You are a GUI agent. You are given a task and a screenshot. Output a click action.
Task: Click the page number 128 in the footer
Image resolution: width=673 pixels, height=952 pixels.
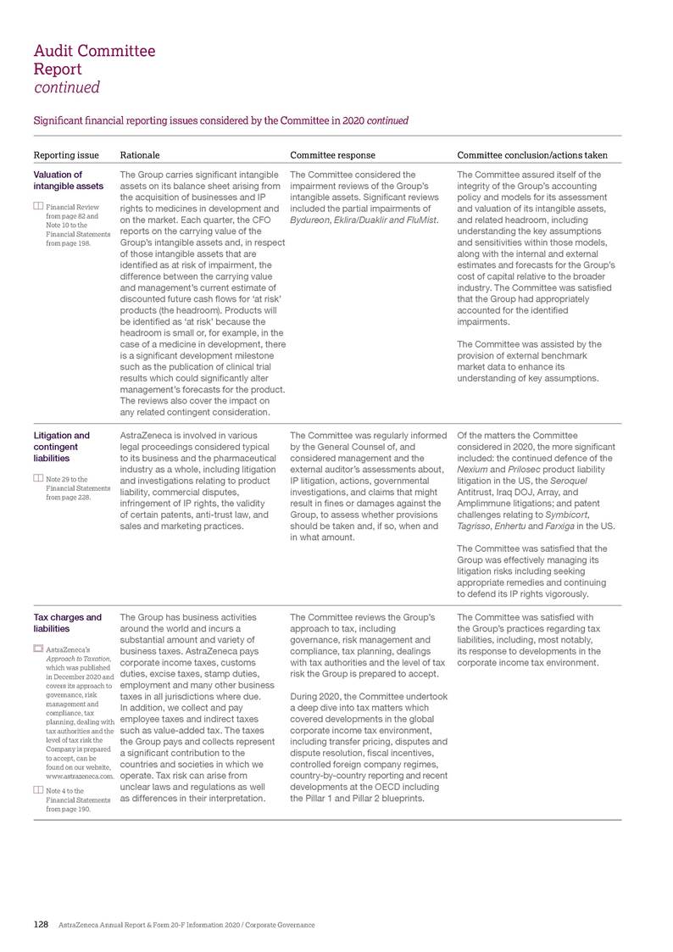point(41,923)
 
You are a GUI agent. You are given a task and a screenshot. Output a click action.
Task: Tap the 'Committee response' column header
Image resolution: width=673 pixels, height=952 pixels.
point(332,155)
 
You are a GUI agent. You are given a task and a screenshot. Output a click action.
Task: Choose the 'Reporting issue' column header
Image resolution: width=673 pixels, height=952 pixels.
point(66,155)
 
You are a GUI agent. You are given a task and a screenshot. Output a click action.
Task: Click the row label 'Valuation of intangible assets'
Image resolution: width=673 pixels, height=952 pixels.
point(68,181)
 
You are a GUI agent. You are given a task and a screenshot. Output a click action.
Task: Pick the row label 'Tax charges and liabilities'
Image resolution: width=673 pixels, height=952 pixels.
point(67,622)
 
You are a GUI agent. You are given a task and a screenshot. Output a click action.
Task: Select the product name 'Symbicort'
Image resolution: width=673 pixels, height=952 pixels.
point(585,514)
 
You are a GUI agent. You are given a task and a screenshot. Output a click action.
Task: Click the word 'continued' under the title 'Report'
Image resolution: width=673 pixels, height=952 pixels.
point(66,87)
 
